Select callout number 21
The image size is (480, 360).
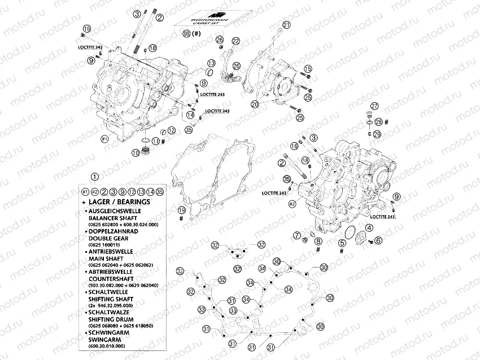286,25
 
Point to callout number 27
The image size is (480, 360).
374,106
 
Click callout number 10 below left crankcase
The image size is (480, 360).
136,152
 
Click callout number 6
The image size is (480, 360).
378,240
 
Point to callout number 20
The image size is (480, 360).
255,104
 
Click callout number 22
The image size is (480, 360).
235,40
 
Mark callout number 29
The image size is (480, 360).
377,133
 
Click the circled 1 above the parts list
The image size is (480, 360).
94,176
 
